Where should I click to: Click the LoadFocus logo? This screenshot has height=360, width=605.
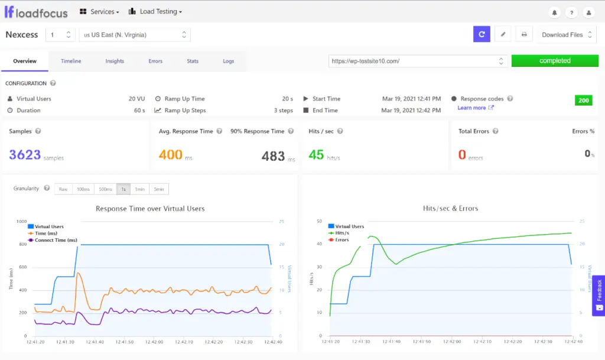tap(36, 12)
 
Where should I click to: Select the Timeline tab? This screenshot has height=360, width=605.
tap(71, 61)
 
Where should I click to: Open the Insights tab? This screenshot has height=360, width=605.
tap(115, 61)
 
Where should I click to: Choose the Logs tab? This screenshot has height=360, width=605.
tap(228, 61)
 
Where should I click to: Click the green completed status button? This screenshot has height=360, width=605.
tap(554, 61)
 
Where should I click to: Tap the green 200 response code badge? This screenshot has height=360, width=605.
tap(583, 100)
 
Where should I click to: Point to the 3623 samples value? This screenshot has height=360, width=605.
tap(25, 155)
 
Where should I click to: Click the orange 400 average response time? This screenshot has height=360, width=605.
tap(171, 155)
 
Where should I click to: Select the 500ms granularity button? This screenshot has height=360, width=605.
tap(105, 189)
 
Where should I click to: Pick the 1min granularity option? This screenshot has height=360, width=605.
tap(139, 189)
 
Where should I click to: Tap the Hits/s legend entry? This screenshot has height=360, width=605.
tap(343, 233)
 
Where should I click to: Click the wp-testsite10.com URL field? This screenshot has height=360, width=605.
tap(414, 61)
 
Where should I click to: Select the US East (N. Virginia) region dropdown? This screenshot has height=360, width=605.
tap(135, 35)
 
